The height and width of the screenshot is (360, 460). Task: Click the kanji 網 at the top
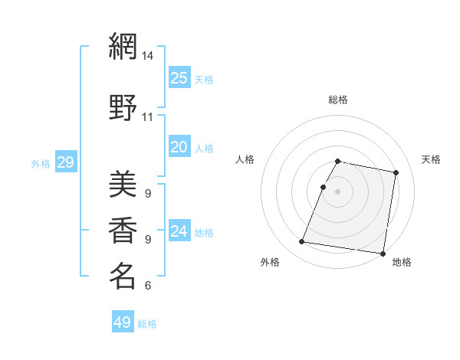click(122, 47)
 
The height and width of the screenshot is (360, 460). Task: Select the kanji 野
click(122, 108)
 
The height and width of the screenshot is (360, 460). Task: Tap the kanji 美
click(122, 186)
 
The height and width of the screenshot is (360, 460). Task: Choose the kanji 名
click(122, 276)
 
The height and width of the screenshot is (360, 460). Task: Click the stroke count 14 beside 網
click(148, 56)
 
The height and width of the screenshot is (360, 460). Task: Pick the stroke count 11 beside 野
click(148, 117)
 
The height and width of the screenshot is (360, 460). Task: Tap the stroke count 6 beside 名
click(148, 286)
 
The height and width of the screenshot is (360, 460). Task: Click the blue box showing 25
click(179, 77)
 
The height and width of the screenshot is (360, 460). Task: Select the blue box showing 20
click(179, 147)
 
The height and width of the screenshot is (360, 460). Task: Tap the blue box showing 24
click(179, 231)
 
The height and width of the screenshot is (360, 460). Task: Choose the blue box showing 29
click(65, 162)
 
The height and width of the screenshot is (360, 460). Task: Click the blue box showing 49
click(122, 322)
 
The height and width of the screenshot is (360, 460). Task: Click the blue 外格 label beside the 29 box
click(41, 163)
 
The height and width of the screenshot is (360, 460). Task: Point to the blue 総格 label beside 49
click(147, 324)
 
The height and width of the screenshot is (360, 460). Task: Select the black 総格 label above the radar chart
click(338, 100)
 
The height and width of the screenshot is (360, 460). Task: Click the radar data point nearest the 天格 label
click(396, 173)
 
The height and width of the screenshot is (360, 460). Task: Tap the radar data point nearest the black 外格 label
click(302, 242)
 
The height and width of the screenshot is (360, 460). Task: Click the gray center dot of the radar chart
click(338, 191)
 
